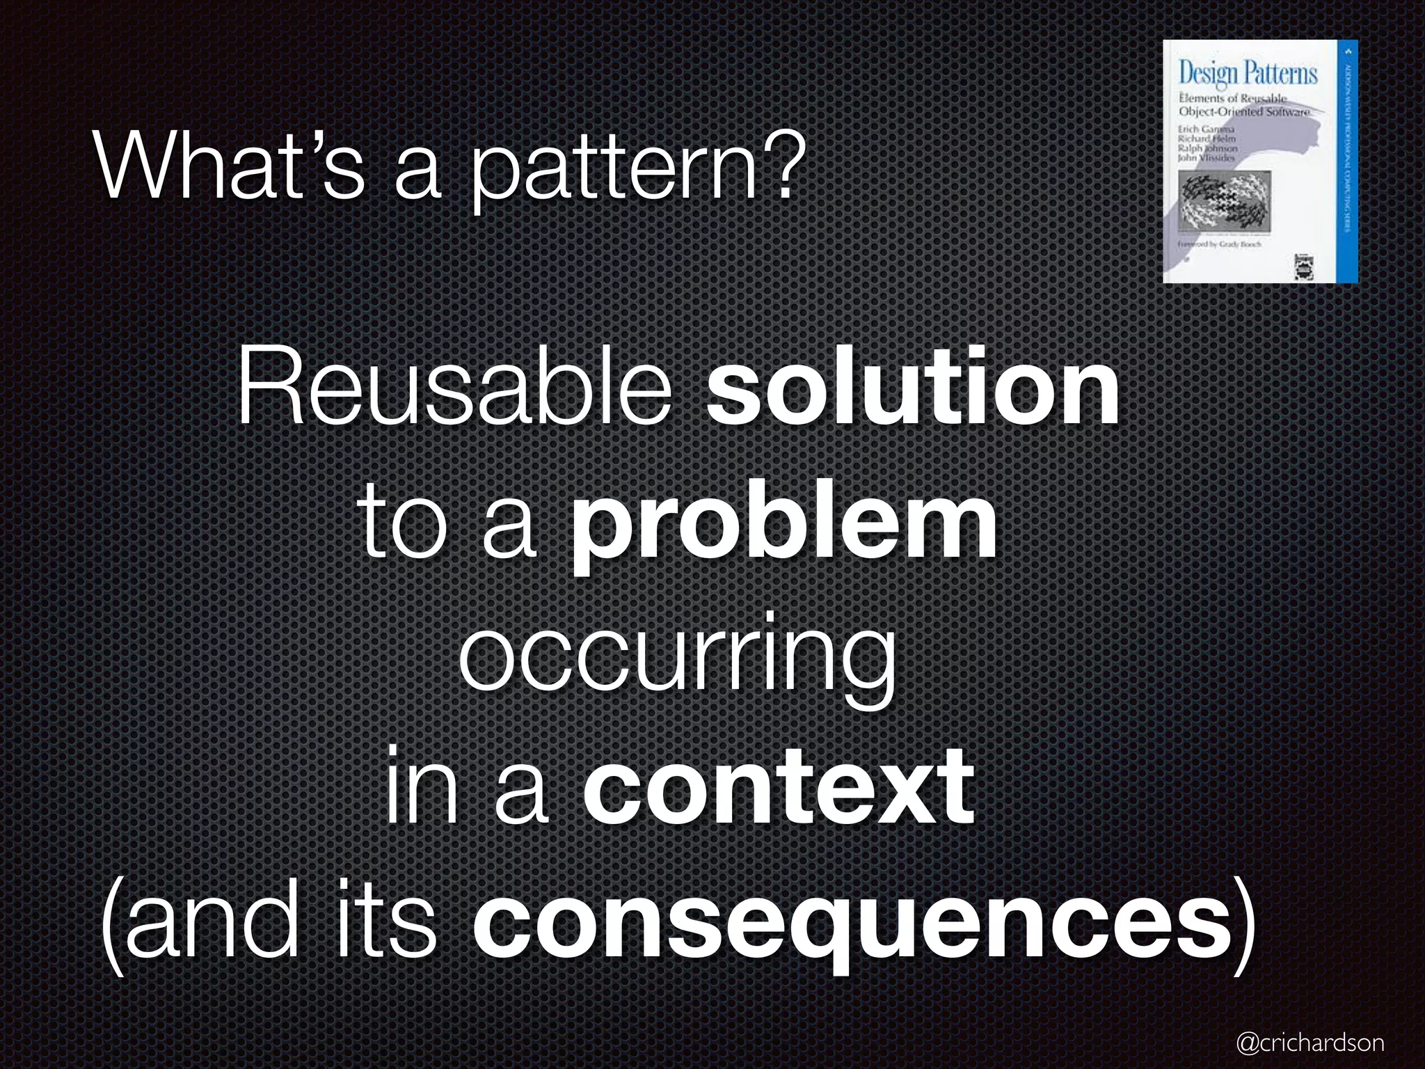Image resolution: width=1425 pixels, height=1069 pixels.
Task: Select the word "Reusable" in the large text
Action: (455, 387)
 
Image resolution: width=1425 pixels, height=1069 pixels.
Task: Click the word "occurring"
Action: (676, 658)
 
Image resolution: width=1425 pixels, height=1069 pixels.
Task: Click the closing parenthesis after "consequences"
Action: (1245, 926)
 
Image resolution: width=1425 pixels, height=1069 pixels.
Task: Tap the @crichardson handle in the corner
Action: (1309, 1042)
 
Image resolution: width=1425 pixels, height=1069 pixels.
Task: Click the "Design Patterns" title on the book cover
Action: (1248, 73)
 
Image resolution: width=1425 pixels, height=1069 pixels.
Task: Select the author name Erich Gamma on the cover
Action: (1206, 129)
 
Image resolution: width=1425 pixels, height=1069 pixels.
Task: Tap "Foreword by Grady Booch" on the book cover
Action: (1219, 245)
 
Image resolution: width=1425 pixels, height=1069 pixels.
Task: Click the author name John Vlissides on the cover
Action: (1206, 158)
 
